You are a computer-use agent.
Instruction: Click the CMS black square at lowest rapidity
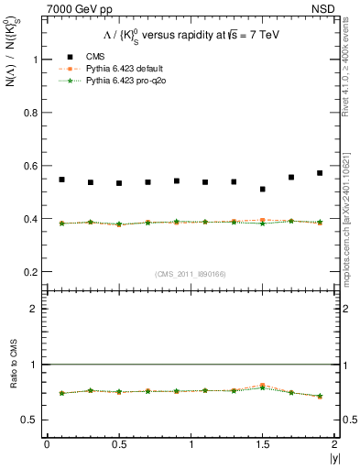tap(61, 180)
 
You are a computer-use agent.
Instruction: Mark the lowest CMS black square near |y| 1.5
tap(263, 190)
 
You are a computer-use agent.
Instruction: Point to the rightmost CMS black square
tap(320, 173)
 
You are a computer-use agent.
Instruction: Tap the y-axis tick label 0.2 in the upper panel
tap(29, 272)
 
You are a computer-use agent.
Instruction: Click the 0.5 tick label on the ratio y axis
tap(29, 420)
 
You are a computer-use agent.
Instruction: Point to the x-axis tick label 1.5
tap(263, 444)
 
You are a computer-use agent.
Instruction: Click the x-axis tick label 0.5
tap(118, 444)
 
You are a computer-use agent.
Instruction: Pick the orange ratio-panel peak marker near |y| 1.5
tap(263, 386)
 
